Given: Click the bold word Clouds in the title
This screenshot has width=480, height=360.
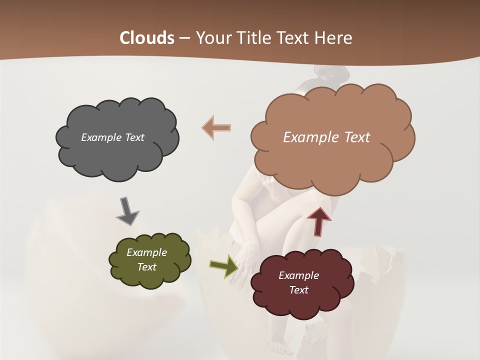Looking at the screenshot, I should click(146, 38).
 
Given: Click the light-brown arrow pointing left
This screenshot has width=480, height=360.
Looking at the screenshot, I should click(216, 127).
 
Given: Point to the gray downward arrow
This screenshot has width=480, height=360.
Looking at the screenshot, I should click(127, 211).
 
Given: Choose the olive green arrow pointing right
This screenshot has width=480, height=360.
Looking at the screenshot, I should click(224, 265).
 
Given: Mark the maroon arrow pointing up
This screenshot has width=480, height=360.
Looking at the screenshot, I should click(319, 221).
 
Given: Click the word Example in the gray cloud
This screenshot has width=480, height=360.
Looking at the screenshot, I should click(100, 137).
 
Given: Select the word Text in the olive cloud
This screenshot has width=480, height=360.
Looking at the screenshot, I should click(147, 267).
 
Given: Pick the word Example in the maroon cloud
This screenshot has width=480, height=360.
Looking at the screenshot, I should click(298, 275).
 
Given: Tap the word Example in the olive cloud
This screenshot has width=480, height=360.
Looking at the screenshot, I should click(147, 252).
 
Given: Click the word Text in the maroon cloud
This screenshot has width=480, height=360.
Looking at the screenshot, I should click(298, 290).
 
